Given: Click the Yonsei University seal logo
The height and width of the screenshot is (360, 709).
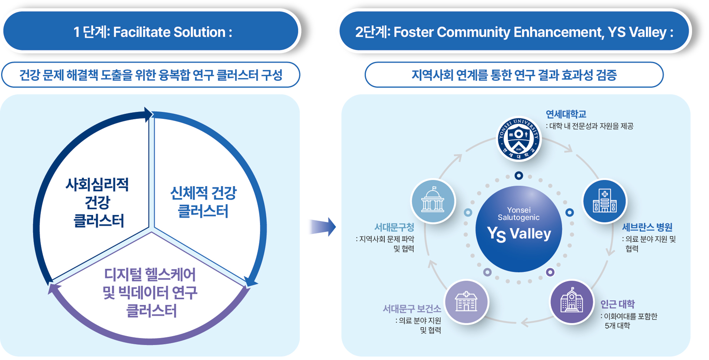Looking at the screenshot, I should click(519, 139).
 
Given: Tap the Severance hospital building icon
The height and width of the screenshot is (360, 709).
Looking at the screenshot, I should click(605, 201).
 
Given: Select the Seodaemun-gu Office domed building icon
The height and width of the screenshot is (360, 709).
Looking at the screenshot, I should click(433, 201).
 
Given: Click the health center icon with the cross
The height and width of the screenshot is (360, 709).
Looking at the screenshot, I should click(466, 302).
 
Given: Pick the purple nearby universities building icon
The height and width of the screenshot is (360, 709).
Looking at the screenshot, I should click(572, 302).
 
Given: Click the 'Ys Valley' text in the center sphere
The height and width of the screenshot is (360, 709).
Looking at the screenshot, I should click(519, 233).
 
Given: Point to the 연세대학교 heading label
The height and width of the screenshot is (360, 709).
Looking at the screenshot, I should click(566, 114).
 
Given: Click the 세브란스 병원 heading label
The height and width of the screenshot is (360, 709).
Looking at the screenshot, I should click(647, 227).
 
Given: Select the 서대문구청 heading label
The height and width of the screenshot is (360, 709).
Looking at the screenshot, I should click(394, 227).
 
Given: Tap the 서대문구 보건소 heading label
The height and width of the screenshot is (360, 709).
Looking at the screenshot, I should click(412, 309).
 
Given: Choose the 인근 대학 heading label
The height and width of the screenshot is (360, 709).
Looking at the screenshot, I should click(617, 304).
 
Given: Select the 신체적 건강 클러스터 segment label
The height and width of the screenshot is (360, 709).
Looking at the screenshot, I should click(203, 202).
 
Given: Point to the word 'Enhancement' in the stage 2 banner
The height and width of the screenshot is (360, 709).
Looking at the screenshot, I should click(558, 32).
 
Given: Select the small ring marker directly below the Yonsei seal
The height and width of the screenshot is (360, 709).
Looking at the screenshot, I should click(519, 176).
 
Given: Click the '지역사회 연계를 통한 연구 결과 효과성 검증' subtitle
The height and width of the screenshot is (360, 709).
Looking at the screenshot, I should click(514, 75).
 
